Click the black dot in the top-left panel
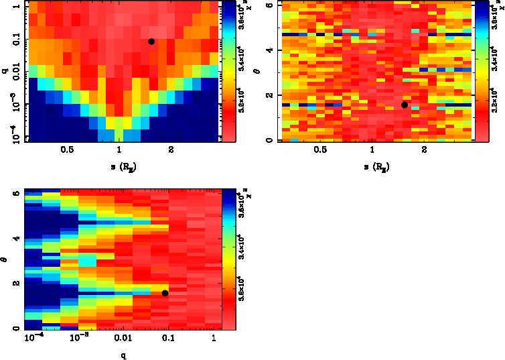coord(151,42)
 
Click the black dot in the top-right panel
coord(405,105)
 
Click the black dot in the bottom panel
coord(165,293)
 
